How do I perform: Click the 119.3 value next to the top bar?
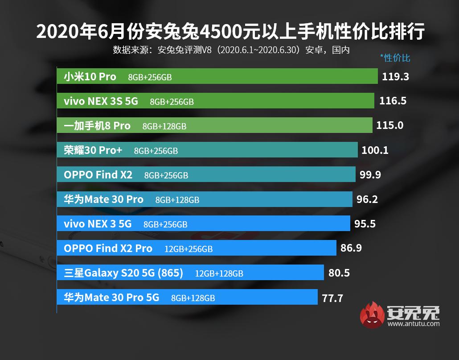(395, 76)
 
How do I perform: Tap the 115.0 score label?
(389, 125)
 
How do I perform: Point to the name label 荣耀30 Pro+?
(93, 150)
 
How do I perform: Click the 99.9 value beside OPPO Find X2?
(370, 174)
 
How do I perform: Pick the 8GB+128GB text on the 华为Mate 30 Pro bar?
(177, 200)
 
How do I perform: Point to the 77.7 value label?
(332, 298)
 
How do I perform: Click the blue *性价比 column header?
(395, 58)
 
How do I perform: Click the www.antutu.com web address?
(414, 324)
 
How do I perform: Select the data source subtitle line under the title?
(231, 50)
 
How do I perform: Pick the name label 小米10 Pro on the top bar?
(90, 77)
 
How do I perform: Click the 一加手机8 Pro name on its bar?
(97, 126)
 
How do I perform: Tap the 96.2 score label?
(367, 199)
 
